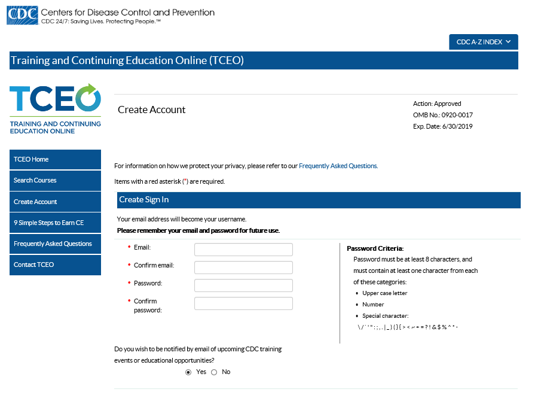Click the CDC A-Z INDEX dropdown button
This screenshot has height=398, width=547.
coord(483,42)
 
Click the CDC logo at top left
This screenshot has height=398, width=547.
coord(22,16)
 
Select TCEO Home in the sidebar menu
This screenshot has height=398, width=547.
coord(55,159)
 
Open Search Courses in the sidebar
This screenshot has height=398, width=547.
coord(55,180)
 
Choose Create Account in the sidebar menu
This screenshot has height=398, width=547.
coord(55,202)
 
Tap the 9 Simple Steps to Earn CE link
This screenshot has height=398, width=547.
coord(55,223)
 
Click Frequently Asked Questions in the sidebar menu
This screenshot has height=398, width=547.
coord(55,244)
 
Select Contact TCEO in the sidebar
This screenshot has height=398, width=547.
coord(55,265)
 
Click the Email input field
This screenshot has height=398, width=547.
coord(243,250)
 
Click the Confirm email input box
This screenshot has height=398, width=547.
coord(243,268)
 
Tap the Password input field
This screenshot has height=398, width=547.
coord(243,285)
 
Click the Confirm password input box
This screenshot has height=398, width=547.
coord(243,303)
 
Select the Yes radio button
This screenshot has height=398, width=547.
coord(189,372)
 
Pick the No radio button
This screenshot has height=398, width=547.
coord(214,372)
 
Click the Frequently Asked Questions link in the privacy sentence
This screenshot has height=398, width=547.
coord(338,166)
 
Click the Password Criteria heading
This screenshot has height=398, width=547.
coord(375,248)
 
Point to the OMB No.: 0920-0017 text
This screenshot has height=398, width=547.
coord(443,115)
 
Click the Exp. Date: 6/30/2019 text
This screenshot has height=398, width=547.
coord(443,126)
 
